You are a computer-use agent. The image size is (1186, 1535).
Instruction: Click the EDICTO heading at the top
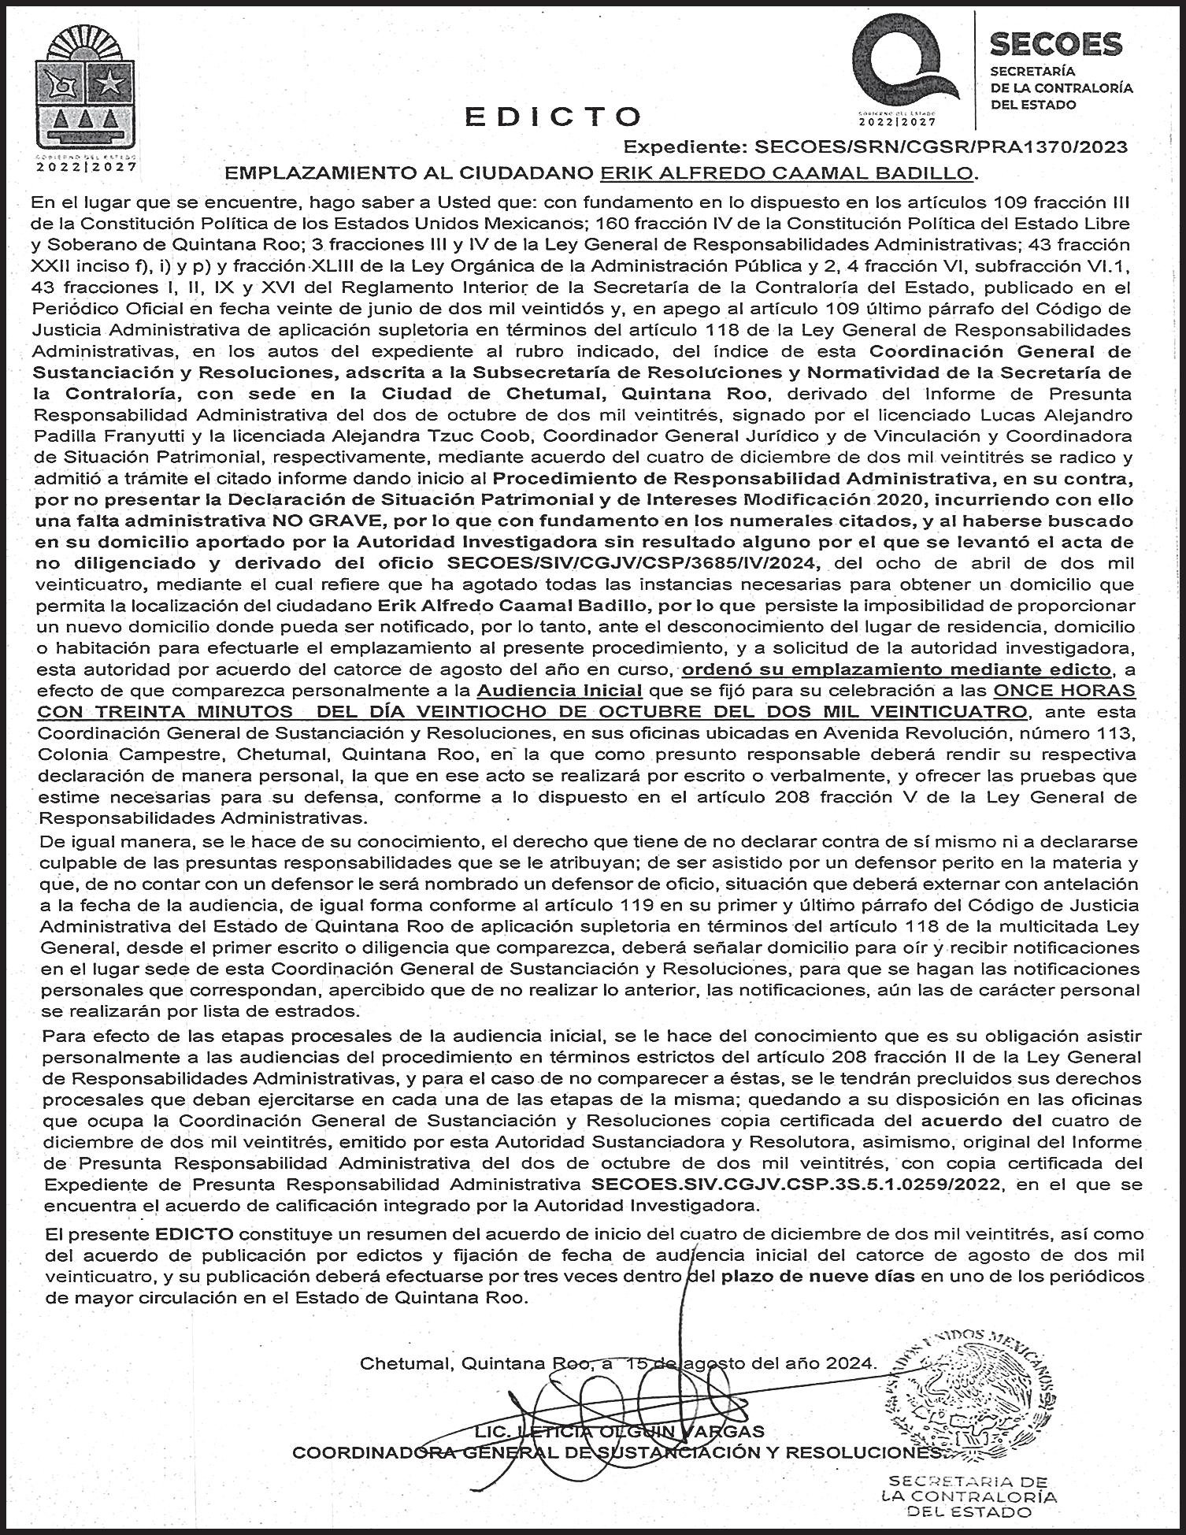pos(553,116)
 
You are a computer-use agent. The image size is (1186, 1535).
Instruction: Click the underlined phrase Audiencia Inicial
pos(559,690)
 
